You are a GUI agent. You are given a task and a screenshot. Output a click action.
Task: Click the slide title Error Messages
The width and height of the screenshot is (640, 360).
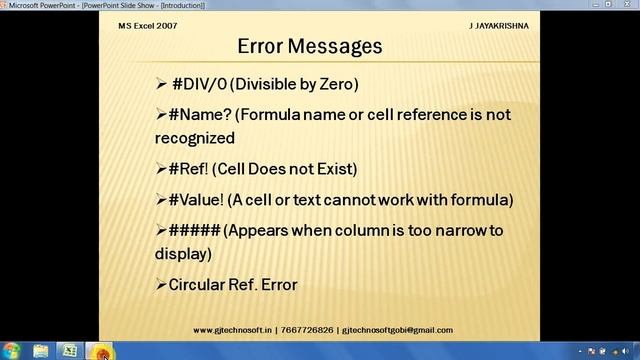tap(310, 46)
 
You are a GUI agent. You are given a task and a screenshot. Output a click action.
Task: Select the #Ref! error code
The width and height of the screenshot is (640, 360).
tap(188, 168)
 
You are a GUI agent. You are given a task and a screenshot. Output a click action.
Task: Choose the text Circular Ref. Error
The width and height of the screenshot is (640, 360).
tap(233, 285)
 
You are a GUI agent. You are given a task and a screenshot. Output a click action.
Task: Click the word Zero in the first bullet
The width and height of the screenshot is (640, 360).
tap(336, 83)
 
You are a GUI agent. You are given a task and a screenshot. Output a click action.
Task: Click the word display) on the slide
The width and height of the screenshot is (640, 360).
tap(188, 254)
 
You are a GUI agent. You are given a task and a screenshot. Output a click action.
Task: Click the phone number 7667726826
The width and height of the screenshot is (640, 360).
tap(308, 330)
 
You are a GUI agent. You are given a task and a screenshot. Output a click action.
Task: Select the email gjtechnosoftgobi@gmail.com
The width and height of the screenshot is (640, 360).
tap(398, 330)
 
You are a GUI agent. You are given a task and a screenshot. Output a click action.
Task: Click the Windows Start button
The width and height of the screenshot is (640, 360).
tap(13, 351)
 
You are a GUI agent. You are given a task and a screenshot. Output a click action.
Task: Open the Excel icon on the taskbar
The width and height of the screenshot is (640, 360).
tap(69, 351)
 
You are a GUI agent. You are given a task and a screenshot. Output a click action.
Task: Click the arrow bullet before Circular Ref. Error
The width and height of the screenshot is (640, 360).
tap(161, 285)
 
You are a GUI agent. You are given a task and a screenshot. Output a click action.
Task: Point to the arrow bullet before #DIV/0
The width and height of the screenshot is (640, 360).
tap(162, 83)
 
